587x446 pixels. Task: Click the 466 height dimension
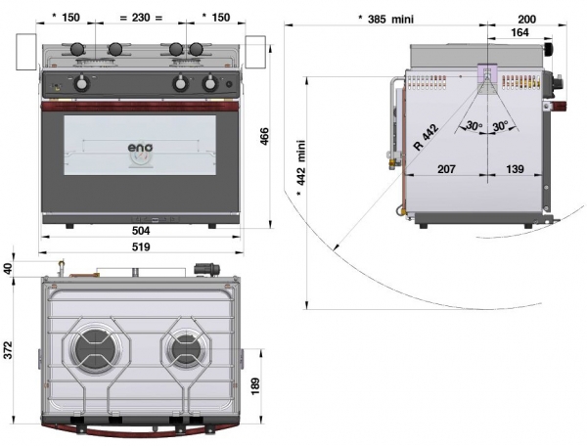tap(264, 137)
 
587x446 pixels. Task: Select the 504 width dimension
tap(141, 231)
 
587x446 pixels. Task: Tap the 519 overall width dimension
tap(141, 246)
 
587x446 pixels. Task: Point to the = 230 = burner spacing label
tap(141, 18)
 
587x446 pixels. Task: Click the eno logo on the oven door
tap(140, 148)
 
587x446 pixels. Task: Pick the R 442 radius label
tap(426, 137)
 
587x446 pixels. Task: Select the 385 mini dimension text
tap(386, 20)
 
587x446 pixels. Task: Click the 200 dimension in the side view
tap(526, 20)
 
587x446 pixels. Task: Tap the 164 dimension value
tap(520, 32)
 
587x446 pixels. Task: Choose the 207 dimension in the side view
tap(446, 169)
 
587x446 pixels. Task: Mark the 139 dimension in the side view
tap(515, 169)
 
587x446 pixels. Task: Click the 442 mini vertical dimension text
tap(301, 168)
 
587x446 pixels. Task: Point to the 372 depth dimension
tap(8, 350)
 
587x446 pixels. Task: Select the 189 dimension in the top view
tap(255, 387)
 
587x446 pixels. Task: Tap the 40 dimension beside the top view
tap(8, 268)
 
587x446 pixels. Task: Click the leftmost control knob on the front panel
tap(81, 83)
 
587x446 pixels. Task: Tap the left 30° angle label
tap(474, 126)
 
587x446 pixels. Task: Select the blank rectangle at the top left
tap(26, 52)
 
